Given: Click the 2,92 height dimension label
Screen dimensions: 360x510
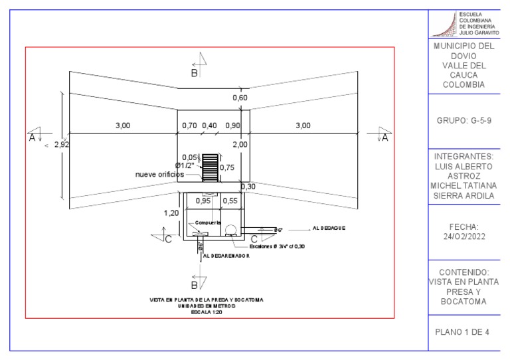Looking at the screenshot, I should [61, 144].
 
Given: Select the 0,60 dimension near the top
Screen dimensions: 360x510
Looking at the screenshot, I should [239, 98].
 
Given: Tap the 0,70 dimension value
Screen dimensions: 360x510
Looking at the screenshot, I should [190, 126].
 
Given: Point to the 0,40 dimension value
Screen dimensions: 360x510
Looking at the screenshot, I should [210, 126].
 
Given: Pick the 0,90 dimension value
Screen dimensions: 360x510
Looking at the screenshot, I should [232, 126].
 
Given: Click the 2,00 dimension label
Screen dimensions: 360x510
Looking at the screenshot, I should [240, 144].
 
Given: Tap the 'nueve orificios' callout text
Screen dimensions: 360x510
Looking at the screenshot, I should [159, 174].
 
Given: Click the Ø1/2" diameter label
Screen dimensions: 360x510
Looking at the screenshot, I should [187, 165].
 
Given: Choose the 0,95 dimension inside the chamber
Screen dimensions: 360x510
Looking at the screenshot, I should [203, 200].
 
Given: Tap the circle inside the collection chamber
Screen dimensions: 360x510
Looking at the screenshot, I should [232, 230].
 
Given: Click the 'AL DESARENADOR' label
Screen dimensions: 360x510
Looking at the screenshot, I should [226, 255].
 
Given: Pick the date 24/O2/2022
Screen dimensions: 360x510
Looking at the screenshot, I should [464, 236].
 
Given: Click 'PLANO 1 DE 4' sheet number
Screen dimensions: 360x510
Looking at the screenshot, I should [463, 331].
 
